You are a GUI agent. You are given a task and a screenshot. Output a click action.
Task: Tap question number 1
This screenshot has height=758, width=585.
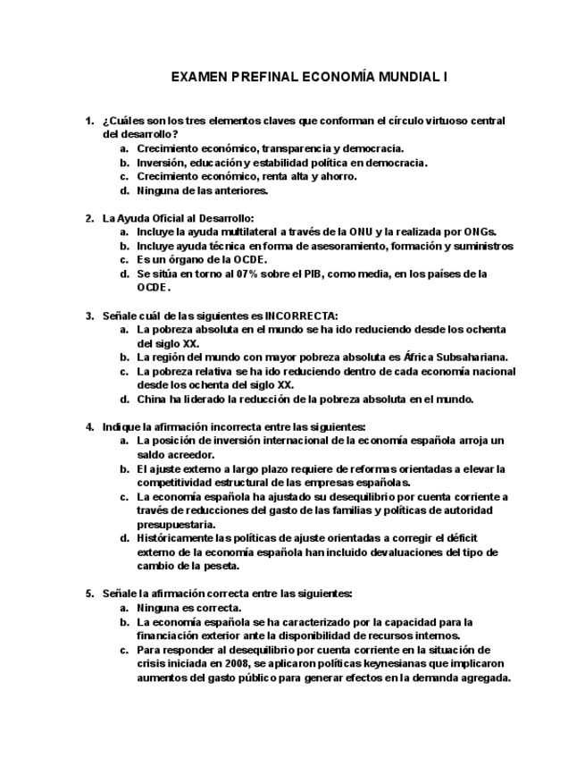click(x=89, y=120)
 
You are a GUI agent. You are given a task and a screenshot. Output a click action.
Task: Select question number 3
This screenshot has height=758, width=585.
click(x=89, y=315)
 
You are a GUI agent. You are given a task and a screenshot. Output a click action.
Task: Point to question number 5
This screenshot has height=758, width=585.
click(x=89, y=593)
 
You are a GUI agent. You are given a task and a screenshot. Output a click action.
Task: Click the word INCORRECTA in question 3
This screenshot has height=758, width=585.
click(x=300, y=315)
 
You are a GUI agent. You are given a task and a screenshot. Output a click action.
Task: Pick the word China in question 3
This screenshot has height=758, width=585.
click(x=152, y=399)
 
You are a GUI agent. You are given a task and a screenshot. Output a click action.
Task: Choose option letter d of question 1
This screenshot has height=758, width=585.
click(x=125, y=189)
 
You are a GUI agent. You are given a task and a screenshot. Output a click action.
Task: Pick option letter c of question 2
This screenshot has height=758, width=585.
click(x=125, y=259)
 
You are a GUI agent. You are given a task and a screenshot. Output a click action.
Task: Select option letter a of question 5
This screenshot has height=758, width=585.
click(x=125, y=607)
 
